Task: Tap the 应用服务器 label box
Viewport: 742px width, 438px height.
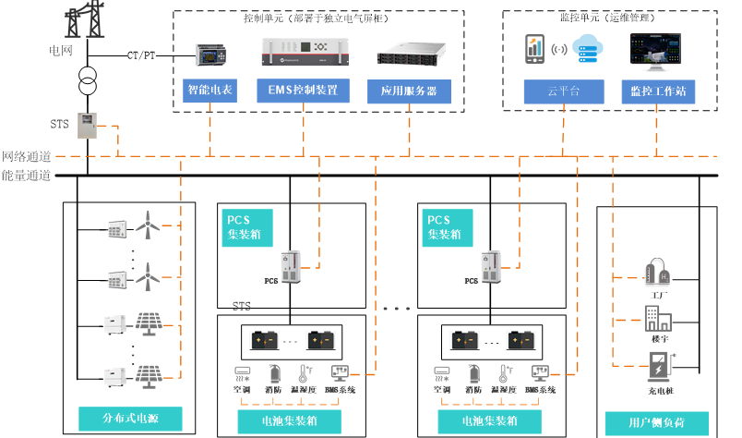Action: tap(408, 91)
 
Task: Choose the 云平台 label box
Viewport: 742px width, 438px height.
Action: tap(563, 91)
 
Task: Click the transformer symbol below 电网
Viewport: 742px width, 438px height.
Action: tap(88, 79)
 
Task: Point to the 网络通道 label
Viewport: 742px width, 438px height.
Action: tap(26, 156)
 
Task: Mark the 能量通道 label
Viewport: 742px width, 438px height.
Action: tap(26, 175)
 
